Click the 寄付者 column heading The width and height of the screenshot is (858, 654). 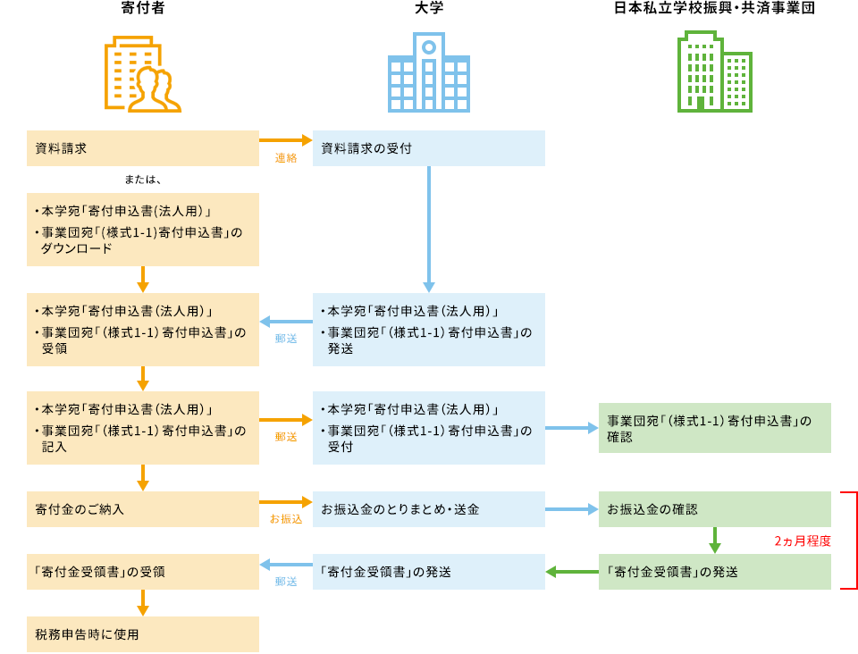143,10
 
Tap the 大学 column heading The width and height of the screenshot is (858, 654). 429,10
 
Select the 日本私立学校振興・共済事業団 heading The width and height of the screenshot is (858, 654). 714,10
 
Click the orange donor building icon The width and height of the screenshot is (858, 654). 143,75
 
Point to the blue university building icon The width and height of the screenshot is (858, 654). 429,73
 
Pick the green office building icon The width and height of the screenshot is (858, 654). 714,71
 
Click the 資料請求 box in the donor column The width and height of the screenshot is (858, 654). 143,148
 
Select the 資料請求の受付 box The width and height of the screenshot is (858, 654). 429,148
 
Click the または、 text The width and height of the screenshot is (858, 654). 143,180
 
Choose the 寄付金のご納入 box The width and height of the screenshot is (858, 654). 143,509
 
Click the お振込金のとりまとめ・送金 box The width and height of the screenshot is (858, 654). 429,509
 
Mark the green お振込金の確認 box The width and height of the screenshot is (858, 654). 715,509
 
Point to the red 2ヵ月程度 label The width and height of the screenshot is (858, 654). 803,541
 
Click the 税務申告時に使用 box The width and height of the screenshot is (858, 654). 143,634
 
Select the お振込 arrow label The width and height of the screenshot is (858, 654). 286,518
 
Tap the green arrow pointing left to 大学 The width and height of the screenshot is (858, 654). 572,572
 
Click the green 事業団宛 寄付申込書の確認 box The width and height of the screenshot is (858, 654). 715,428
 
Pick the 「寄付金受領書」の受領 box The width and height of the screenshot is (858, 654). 143,572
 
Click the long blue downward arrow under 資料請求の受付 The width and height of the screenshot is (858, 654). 429,229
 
